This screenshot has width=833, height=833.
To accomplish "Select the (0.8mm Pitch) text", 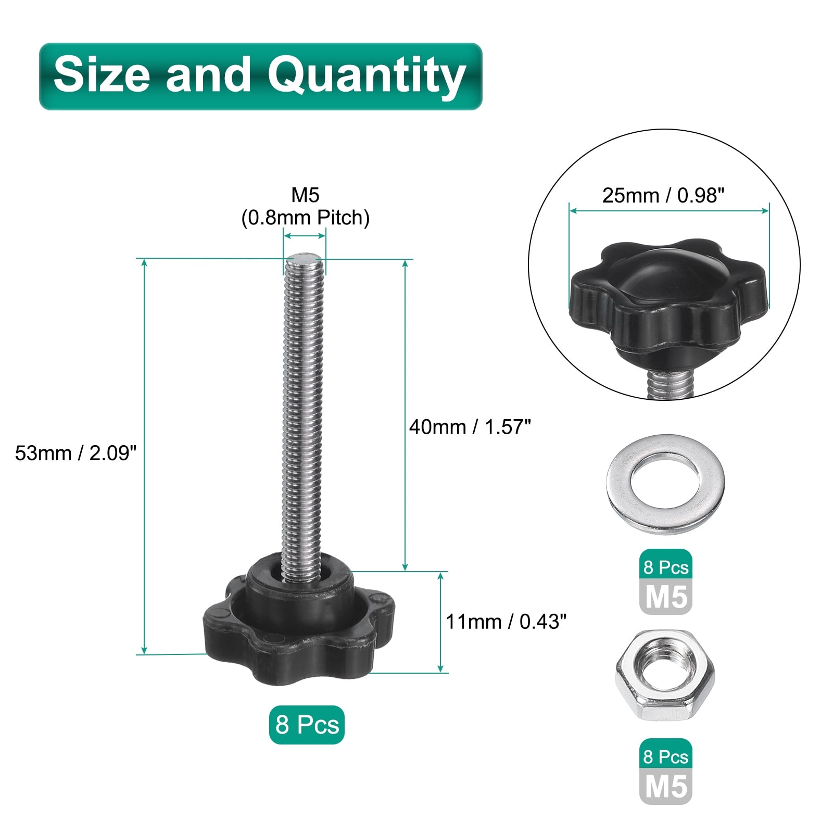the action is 306,218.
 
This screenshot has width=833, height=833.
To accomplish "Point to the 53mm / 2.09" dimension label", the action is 75,453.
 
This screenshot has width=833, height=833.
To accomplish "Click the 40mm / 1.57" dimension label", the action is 470,427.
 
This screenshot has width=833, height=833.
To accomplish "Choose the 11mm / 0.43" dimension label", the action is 506,621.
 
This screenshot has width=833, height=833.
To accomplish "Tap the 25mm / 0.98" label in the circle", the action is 663,195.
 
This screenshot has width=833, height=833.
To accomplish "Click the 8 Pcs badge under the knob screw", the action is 307,724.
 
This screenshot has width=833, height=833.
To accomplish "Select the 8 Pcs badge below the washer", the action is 666,567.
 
